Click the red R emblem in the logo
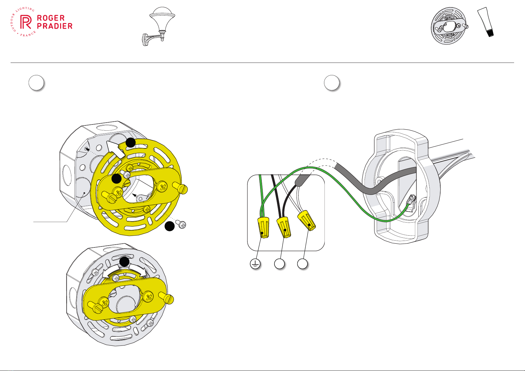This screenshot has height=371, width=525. click(26, 22)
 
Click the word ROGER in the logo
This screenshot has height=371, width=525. click(51, 18)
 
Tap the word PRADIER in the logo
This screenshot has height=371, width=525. click(55, 26)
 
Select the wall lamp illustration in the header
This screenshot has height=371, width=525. click(159, 26)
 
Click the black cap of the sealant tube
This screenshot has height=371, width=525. click(490, 33)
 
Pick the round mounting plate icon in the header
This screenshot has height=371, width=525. click(449, 26)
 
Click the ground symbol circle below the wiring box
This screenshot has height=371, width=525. click(255, 264)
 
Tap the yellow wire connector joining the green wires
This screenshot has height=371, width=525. click(264, 228)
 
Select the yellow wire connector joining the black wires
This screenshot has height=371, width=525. click(284, 227)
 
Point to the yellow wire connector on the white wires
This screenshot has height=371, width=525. click(307, 220)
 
